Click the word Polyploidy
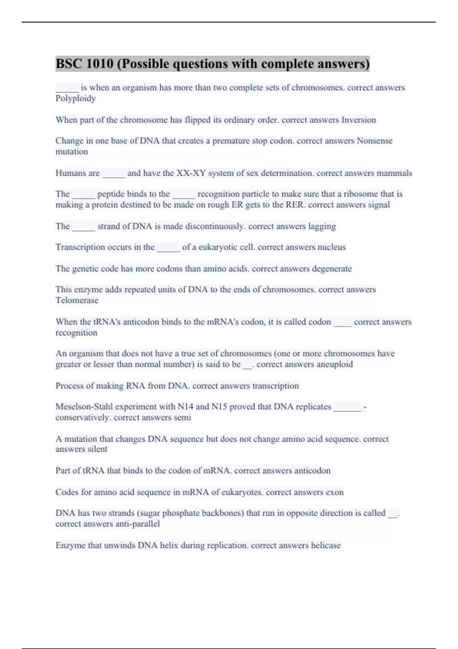click(76, 98)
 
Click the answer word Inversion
click(358, 120)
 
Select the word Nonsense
click(374, 141)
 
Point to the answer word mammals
click(394, 173)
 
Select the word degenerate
click(332, 268)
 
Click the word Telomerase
click(77, 300)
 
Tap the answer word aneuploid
click(335, 364)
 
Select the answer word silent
click(97, 449)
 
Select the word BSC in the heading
click(69, 64)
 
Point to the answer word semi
click(182, 417)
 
